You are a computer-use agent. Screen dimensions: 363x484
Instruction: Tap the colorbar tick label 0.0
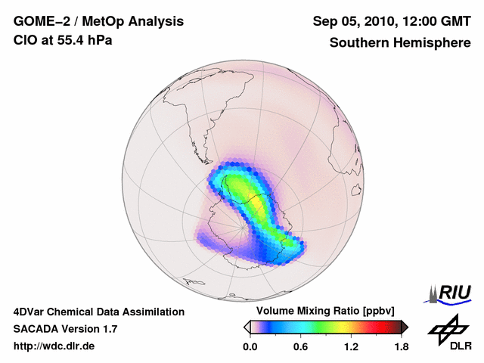click(250, 347)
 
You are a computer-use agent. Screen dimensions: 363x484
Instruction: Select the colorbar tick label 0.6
click(300, 347)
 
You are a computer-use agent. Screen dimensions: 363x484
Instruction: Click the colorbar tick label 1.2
click(350, 347)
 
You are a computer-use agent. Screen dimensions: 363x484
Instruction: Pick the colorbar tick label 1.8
click(401, 347)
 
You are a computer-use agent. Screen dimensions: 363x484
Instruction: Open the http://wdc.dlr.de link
click(54, 346)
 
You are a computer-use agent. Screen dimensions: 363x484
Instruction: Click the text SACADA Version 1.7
click(65, 329)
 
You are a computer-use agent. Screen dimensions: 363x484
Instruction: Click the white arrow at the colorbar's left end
click(247, 327)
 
